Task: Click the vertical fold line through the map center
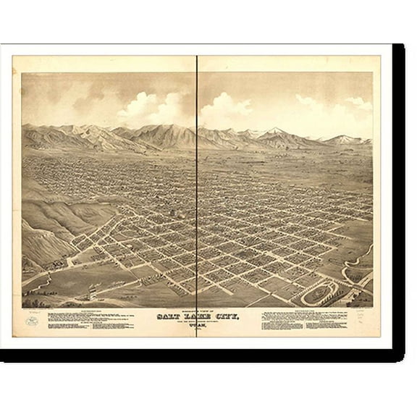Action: point(197,181)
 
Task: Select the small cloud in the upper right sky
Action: point(358,103)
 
